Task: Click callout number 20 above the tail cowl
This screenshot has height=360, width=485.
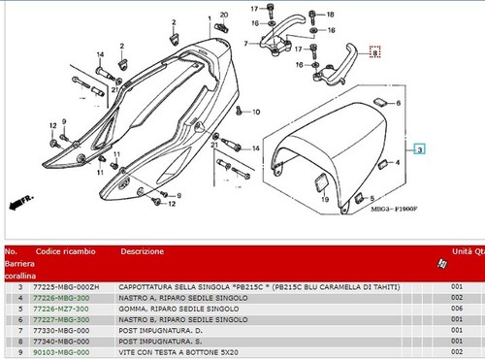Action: tap(223, 15)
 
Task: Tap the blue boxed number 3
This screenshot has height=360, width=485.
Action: tap(419, 150)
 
